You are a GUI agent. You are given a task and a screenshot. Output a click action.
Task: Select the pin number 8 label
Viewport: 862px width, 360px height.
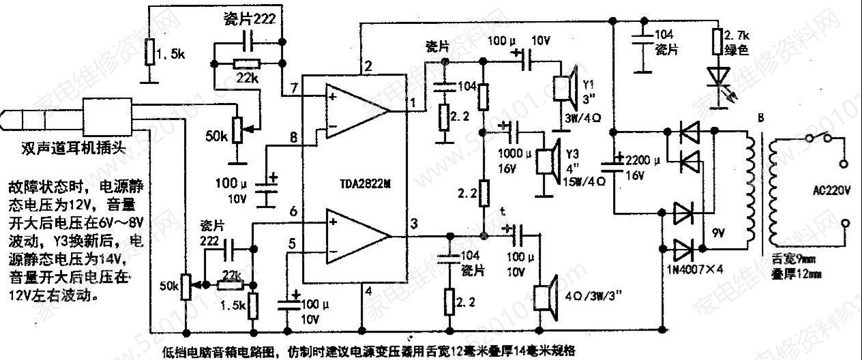pyautogui.click(x=294, y=138)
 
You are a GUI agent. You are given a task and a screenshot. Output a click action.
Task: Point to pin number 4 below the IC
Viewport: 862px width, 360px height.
pyautogui.click(x=369, y=291)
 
